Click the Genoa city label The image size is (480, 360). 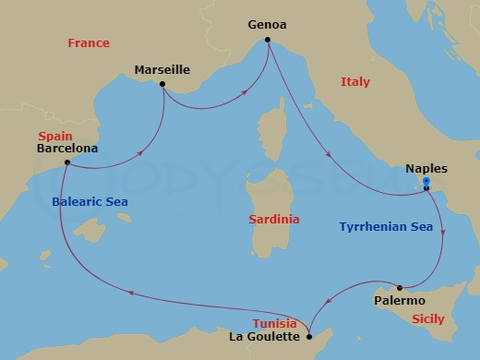[x=267, y=26]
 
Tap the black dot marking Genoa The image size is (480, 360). [x=268, y=40]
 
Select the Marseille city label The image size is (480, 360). [x=162, y=69]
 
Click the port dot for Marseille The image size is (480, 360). [x=162, y=85]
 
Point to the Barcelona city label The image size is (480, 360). [x=67, y=148]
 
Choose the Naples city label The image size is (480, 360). [x=426, y=169]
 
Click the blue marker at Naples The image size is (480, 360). [x=426, y=183]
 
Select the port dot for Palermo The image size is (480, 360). [x=400, y=287]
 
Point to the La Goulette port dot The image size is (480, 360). [x=309, y=336]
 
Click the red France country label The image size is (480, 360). [x=89, y=43]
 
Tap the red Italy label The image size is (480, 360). [x=355, y=82]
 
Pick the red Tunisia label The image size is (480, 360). [x=275, y=324]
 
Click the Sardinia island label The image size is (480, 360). [x=275, y=220]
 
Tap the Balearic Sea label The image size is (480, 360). [x=89, y=201]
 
